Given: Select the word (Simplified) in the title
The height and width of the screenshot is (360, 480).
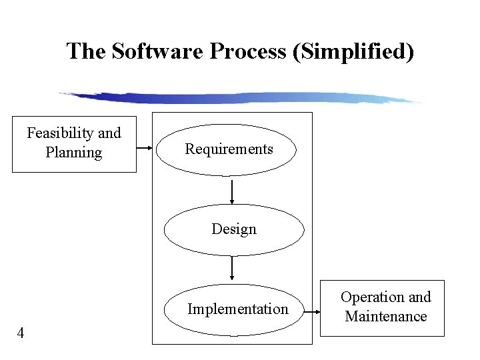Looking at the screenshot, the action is (353, 51).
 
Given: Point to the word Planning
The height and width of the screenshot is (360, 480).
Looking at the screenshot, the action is (74, 152).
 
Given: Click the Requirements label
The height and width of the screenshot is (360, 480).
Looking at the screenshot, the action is (229, 149).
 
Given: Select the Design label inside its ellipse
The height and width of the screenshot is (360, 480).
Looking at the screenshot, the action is (234, 229).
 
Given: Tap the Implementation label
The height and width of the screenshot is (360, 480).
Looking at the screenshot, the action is (238, 309).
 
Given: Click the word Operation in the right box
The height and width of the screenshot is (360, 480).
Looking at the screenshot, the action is (373, 297).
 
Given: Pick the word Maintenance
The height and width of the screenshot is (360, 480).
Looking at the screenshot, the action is (386, 316).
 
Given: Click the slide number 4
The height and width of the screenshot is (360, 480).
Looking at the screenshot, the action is (21, 333).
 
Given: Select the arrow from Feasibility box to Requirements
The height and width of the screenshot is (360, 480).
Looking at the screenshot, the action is (144, 149).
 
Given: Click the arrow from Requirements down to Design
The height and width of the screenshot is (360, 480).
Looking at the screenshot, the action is (232, 191).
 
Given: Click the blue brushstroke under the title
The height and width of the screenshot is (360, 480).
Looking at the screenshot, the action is (240, 98).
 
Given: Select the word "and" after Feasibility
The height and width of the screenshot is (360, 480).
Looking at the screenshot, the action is (109, 133).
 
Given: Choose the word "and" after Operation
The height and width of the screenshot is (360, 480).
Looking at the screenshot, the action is (420, 297).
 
